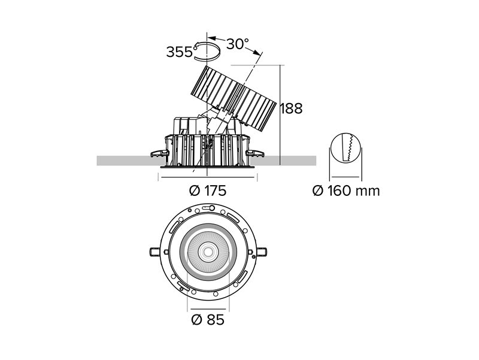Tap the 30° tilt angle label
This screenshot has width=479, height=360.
pos(237,44)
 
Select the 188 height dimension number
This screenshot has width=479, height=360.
pos(292,108)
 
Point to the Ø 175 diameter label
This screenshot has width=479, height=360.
pos(208,190)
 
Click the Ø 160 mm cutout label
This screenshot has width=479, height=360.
pos(346,191)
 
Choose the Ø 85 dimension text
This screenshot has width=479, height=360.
pos(208,320)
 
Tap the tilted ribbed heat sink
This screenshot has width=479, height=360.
pos(232,98)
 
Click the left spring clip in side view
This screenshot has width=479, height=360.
pos(160,153)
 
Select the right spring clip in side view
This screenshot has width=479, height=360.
pos(255,153)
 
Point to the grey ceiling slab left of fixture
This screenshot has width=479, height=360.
pos(131,161)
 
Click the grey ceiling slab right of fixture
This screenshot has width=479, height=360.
pos(283,161)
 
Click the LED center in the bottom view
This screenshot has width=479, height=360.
pos(208,252)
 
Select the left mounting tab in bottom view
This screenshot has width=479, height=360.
pos(155,252)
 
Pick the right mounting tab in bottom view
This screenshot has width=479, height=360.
pos(262,252)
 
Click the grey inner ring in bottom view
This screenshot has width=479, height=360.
pos(208,227)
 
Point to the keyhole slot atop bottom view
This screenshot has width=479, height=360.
pos(208,208)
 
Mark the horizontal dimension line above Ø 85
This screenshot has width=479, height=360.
pos(208,309)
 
